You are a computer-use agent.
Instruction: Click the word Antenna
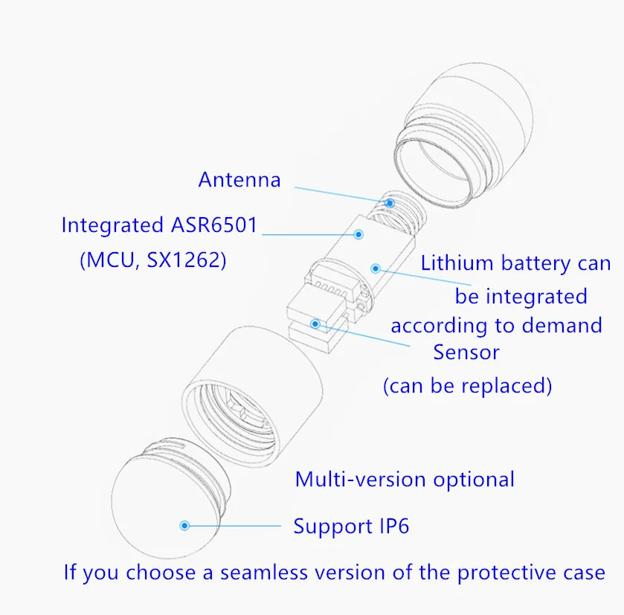[x=239, y=180]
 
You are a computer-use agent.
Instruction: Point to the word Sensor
[x=466, y=352]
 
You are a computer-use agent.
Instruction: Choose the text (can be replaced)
[x=467, y=386]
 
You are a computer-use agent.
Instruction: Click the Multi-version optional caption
[x=405, y=479]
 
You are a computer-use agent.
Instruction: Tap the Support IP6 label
[x=351, y=527]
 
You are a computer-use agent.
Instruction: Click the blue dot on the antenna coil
[x=389, y=203]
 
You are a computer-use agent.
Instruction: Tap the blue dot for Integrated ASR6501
[x=358, y=234]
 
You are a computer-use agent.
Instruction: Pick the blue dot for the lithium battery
[x=376, y=268]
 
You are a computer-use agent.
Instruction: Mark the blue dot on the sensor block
[x=316, y=324]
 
